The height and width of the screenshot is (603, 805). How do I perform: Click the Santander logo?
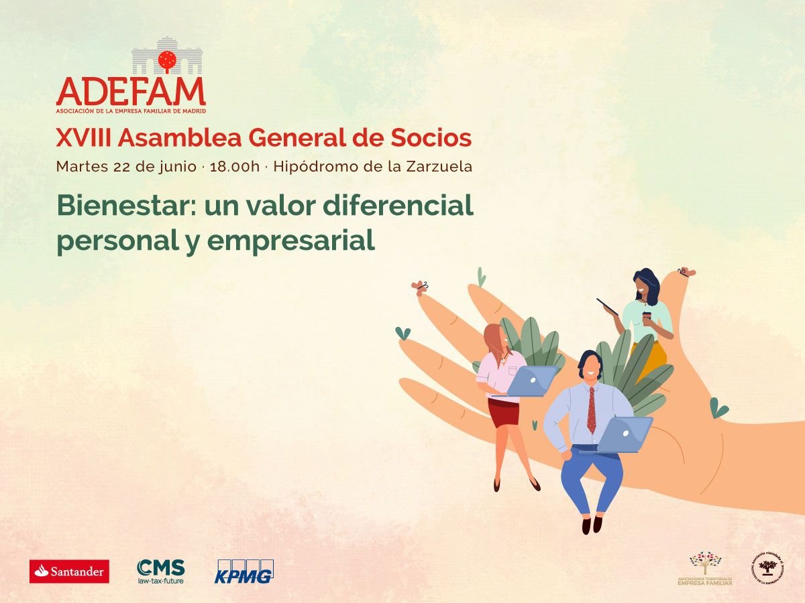[x=69, y=572]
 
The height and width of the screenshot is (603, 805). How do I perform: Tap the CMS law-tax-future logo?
[x=160, y=571]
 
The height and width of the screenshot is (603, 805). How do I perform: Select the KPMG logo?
[x=244, y=572]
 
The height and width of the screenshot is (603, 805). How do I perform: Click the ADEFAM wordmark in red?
[x=131, y=91]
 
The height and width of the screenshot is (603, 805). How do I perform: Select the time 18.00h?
[x=234, y=167]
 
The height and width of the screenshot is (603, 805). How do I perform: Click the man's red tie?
[x=591, y=410]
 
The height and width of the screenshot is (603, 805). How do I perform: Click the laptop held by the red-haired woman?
[x=532, y=381]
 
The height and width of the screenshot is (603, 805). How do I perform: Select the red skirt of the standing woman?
[x=503, y=413]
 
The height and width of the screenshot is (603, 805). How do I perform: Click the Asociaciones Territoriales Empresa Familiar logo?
[x=704, y=569]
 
